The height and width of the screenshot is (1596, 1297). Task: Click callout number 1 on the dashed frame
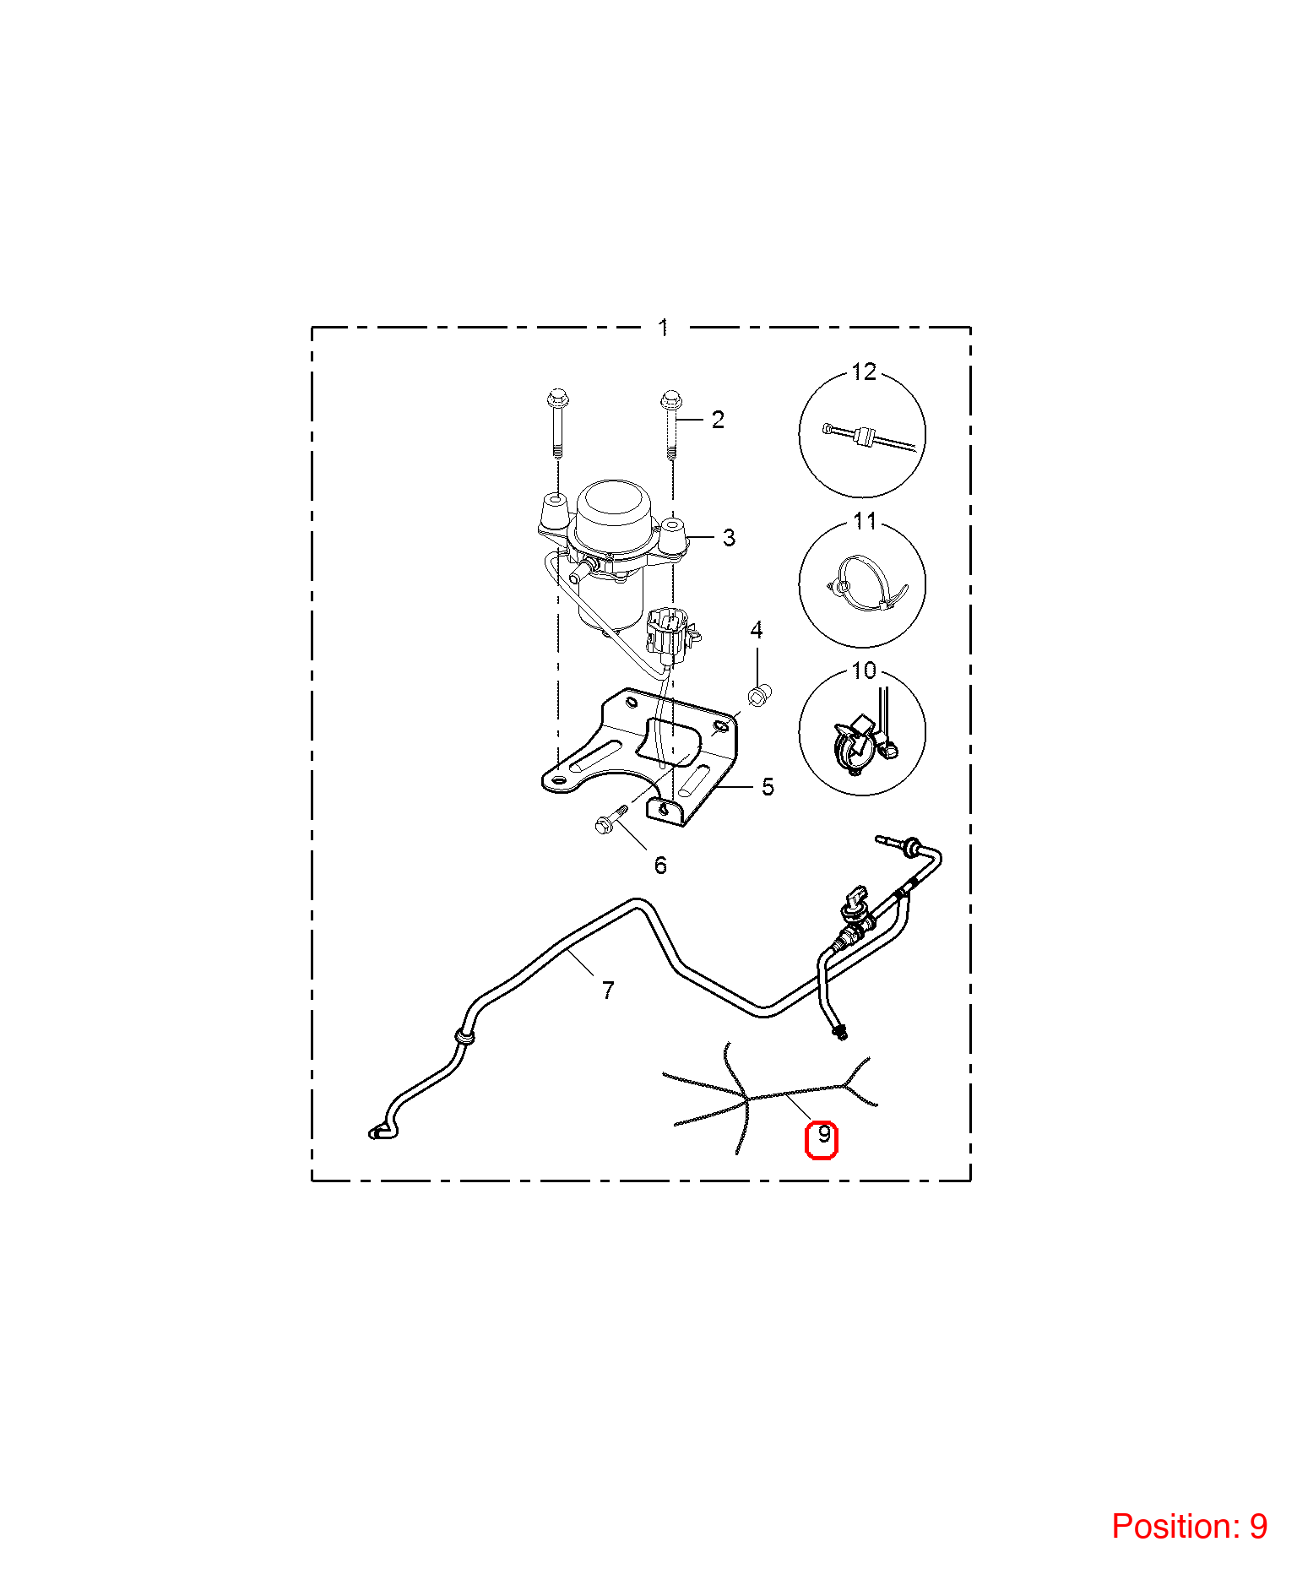point(664,327)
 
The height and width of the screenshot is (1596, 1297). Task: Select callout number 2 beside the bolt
point(718,420)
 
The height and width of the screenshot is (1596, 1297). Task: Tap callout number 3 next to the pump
point(729,537)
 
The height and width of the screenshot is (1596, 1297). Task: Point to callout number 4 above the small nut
point(757,630)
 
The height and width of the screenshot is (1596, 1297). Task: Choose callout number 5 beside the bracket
point(768,787)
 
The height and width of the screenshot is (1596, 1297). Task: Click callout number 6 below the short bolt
point(660,866)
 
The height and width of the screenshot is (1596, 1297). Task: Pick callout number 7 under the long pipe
point(608,990)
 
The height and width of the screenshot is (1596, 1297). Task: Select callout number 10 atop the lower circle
point(864,670)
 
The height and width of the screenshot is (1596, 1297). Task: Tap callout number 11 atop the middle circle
point(865,521)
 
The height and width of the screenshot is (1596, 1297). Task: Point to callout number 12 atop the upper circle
point(864,372)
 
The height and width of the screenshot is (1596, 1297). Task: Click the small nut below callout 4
point(757,697)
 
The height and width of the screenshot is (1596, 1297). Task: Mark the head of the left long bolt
point(557,396)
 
